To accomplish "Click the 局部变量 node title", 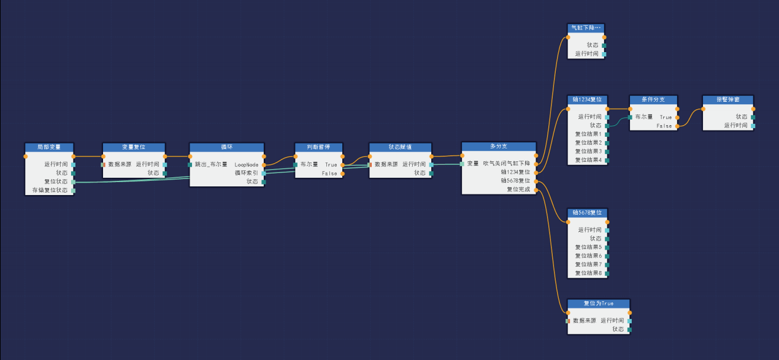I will point(49,147).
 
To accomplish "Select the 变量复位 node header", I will point(133,147).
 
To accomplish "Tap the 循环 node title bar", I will point(226,147).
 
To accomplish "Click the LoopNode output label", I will point(247,164).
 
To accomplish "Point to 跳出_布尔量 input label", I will point(211,164).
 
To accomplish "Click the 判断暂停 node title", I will point(318,147).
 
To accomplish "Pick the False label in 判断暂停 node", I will point(329,174).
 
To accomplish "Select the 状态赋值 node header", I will point(400,147).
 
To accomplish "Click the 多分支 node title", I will point(499,146).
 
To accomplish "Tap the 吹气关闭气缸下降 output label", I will point(506,163).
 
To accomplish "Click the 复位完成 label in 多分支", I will point(518,190).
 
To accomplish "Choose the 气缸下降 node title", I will point(586,28).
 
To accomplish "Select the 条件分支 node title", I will point(653,99).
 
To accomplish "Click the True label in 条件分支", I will point(666,117).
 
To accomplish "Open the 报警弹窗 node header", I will point(727,99).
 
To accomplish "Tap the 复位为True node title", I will point(599,304).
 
